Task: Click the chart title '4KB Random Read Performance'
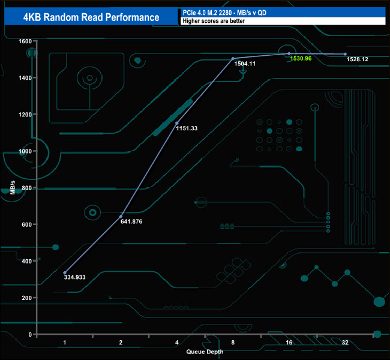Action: coord(90,17)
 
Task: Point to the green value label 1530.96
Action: coord(299,59)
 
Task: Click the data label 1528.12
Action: coord(358,59)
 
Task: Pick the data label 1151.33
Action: coord(187,128)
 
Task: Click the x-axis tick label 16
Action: coord(289,342)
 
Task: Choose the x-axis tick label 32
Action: coord(345,342)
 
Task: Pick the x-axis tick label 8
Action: coord(233,342)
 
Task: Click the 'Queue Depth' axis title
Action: coord(205,352)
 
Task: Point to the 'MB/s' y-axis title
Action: coord(12,188)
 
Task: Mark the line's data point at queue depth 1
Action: coord(65,272)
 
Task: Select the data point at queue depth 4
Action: coord(176,123)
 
